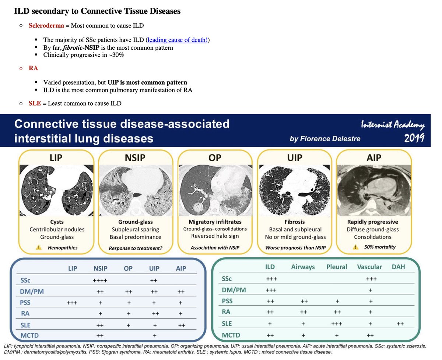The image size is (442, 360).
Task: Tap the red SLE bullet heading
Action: point(35,103)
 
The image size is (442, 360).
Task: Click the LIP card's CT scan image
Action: point(57,190)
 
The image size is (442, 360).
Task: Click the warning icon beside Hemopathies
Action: point(39,248)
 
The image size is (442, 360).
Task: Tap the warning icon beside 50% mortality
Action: point(356,247)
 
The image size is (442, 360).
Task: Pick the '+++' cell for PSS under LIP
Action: point(73,303)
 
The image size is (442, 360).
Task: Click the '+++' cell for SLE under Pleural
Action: point(337,324)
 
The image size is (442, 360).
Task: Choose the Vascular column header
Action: point(369,267)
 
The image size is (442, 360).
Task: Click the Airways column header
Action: point(303,267)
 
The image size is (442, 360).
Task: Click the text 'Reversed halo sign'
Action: point(215,236)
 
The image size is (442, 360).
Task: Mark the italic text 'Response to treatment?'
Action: point(136,248)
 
